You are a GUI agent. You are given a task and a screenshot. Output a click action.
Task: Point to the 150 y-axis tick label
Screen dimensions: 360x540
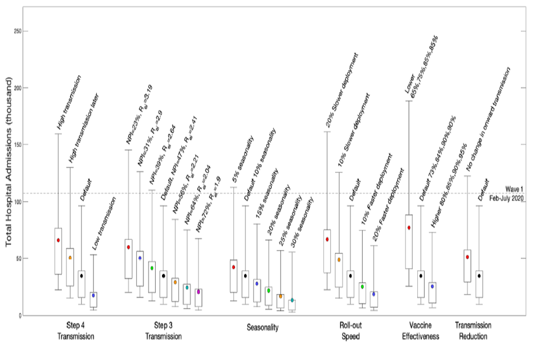(x=18, y=145)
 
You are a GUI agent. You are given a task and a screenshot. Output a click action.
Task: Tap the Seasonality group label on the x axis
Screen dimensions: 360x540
(x=263, y=327)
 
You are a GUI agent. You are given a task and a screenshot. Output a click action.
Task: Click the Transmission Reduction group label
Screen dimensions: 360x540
(x=473, y=331)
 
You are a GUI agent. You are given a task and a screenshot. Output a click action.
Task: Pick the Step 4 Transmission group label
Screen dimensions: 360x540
(x=76, y=331)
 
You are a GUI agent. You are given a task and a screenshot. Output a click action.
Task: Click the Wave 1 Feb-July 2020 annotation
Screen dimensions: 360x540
(x=507, y=194)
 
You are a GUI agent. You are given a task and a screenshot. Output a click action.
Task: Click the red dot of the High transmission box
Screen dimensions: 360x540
(x=58, y=240)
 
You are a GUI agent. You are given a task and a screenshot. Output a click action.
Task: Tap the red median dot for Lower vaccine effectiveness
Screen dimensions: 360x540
(x=409, y=228)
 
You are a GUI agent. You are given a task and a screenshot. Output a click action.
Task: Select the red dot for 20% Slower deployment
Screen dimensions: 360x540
(x=327, y=239)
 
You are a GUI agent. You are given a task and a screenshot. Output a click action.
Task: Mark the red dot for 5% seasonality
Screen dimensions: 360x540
(x=233, y=267)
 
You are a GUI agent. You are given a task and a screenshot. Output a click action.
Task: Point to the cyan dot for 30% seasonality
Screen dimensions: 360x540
(x=292, y=300)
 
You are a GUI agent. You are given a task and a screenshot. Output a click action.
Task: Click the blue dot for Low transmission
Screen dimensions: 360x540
(x=93, y=295)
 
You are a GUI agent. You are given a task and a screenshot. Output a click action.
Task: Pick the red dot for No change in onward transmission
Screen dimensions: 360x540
(x=467, y=257)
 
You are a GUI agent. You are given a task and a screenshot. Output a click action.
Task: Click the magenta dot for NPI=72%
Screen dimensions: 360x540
(x=199, y=291)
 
